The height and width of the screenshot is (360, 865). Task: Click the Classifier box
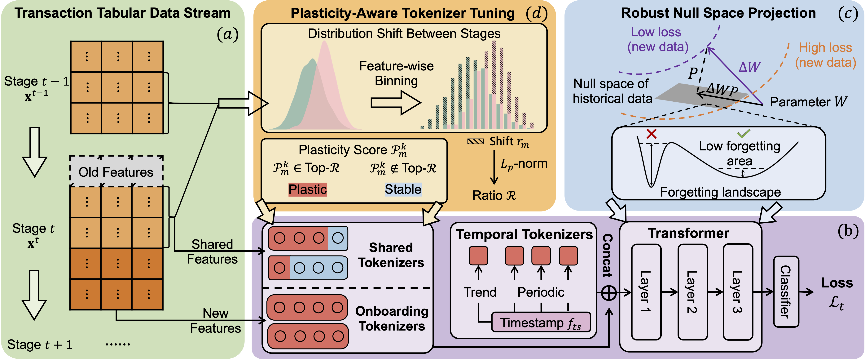(x=786, y=291)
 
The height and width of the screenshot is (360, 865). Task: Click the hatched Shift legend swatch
(x=476, y=142)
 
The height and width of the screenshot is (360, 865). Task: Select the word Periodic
(x=541, y=292)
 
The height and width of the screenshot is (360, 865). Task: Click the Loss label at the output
(x=837, y=283)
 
